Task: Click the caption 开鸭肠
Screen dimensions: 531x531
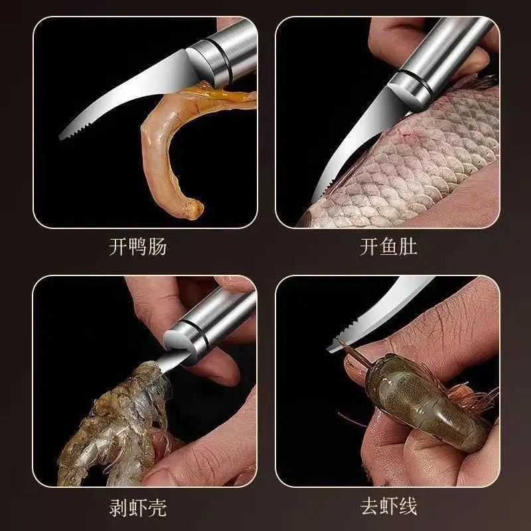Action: click(x=137, y=248)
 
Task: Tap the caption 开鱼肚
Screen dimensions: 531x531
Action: click(x=388, y=248)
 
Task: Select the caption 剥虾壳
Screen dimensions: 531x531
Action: click(x=137, y=508)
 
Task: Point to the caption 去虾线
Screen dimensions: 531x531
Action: click(x=388, y=508)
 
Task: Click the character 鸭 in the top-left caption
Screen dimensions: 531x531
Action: click(x=137, y=248)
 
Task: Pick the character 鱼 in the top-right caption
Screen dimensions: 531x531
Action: click(x=388, y=248)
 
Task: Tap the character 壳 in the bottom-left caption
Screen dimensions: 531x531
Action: click(x=157, y=508)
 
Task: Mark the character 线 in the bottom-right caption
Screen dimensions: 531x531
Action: click(x=408, y=508)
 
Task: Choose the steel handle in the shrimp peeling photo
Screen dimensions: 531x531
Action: click(x=212, y=319)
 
